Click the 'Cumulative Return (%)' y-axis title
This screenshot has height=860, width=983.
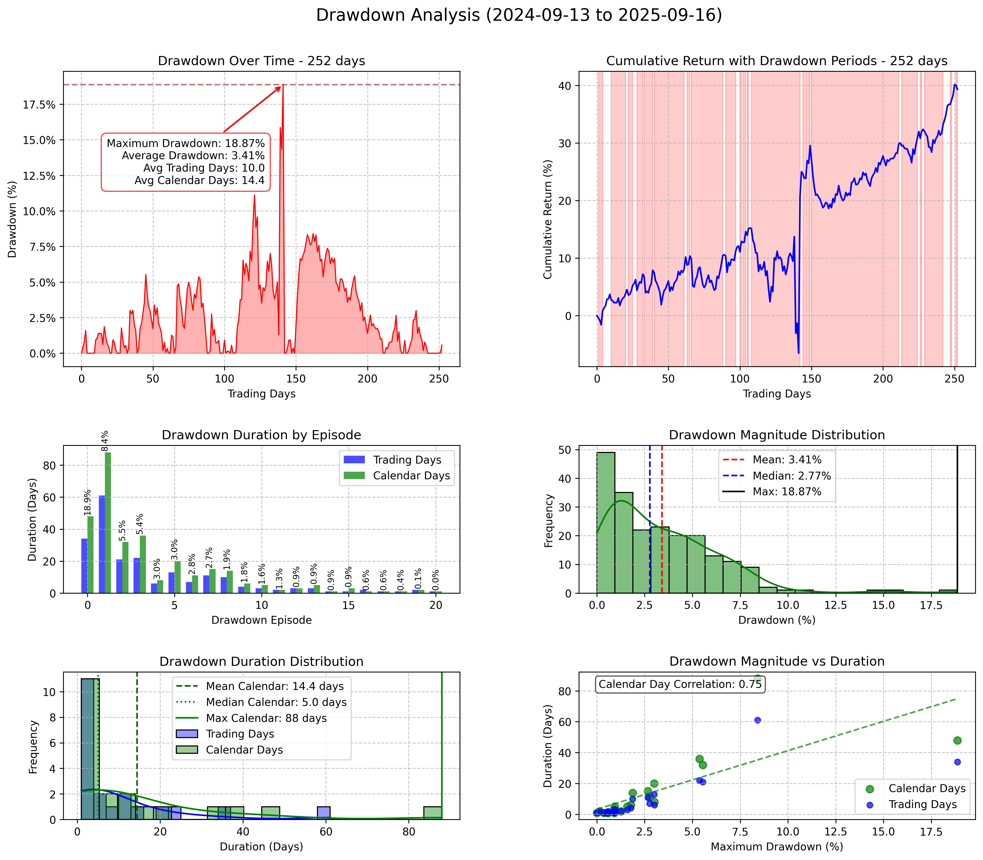(x=547, y=219)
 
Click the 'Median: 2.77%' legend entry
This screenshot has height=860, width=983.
(x=791, y=475)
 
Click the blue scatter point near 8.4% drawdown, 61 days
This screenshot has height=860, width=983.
(x=758, y=720)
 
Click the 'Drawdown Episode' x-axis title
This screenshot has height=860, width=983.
(x=261, y=620)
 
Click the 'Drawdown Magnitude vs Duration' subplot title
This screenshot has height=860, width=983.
(x=777, y=661)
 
